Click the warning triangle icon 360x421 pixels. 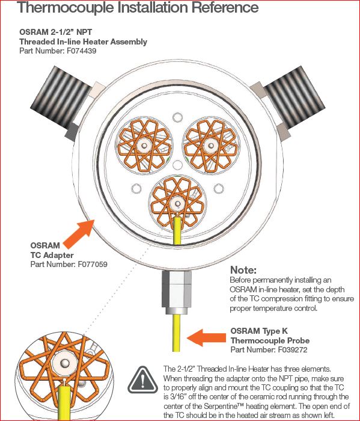coord(142,380)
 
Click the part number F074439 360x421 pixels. coord(82,51)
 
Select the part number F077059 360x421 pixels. coord(93,264)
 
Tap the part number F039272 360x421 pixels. coord(293,349)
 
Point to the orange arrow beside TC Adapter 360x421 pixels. coord(79,233)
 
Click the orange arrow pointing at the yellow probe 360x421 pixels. coord(206,337)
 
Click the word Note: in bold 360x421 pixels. coord(243,270)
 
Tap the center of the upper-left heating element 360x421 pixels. coord(144,146)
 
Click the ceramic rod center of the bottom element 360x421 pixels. coord(177,203)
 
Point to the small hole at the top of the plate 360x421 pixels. coord(177,117)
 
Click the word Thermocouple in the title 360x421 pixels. coord(66,7)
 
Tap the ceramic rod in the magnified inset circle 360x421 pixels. coord(64,364)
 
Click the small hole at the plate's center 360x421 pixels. coord(177,165)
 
